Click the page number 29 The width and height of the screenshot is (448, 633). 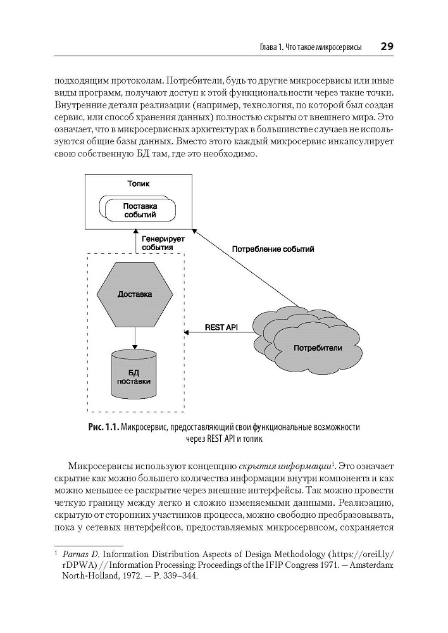[x=387, y=47]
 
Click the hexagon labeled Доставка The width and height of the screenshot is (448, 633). [x=135, y=294]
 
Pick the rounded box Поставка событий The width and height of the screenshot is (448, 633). [x=140, y=210]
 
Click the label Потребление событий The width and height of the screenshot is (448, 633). [x=273, y=249]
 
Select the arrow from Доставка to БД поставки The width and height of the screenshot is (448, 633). [x=135, y=335]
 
